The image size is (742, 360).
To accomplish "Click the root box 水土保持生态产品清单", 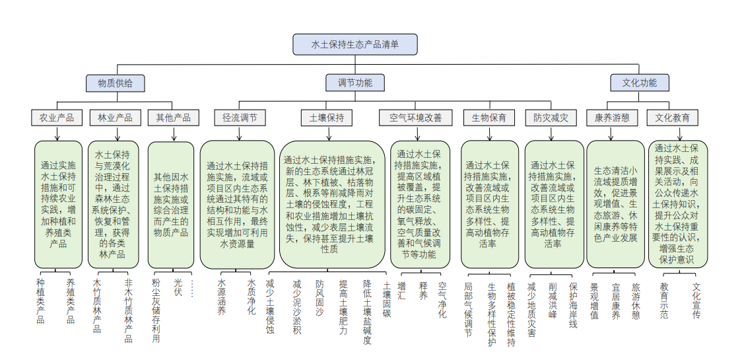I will coord(354,44).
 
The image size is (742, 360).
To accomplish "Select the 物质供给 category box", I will coord(116,83).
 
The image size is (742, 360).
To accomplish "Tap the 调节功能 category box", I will coord(354,83).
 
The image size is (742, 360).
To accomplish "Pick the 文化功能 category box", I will coord(639,83).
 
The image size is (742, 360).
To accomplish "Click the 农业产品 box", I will coord(57,118).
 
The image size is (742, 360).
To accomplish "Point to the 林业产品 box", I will coord(115,118).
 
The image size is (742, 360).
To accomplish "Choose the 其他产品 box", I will coord(173,118).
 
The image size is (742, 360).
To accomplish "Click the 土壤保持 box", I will coord(326,118).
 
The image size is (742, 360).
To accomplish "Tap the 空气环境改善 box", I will coord(416,118).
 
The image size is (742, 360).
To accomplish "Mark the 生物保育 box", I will coord(489,118).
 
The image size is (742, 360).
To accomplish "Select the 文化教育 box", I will coord(673,118).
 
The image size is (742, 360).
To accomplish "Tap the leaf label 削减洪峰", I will coord(553,301).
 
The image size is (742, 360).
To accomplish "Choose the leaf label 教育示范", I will coord(664,301).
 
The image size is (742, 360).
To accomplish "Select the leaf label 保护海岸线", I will coord(573,305).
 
